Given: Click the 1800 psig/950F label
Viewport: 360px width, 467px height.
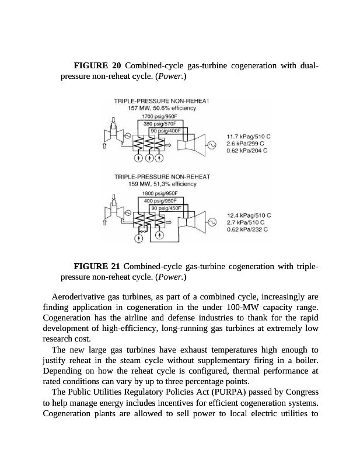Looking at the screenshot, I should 160,193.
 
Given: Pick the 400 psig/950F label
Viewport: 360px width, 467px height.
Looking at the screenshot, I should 162,200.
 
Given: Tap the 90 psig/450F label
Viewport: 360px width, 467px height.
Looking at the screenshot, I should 166,207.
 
